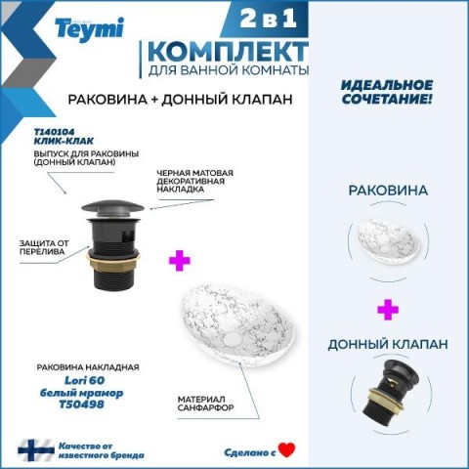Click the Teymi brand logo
click(90, 29)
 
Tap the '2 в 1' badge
click(269, 18)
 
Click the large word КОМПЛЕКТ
click(228, 52)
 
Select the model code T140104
click(54, 132)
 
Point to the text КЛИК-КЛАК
click(64, 141)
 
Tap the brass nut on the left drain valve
click(112, 261)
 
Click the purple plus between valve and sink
click(180, 260)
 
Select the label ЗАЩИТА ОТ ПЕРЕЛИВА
click(44, 247)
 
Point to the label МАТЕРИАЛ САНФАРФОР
click(205, 404)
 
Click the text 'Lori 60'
click(84, 380)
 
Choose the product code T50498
click(81, 405)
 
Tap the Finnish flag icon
click(36, 450)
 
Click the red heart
click(286, 450)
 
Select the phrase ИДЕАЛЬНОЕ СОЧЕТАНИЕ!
click(387, 92)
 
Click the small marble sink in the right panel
click(387, 240)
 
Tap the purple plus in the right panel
click(388, 310)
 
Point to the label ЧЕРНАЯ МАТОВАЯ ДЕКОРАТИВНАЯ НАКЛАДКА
click(194, 181)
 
